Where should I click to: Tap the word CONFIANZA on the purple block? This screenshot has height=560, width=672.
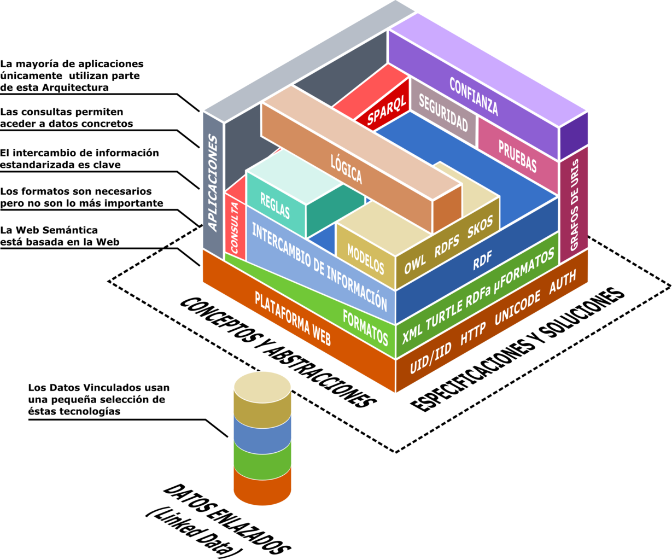pos(474,96)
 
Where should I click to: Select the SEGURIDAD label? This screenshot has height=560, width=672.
pos(443,112)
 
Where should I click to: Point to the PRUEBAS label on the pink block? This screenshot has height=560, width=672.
pos(517,156)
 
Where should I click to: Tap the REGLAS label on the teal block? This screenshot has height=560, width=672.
pos(275,205)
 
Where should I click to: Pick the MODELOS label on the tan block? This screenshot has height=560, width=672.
pos(365,259)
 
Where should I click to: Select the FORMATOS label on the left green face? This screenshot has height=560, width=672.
pos(365,328)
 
